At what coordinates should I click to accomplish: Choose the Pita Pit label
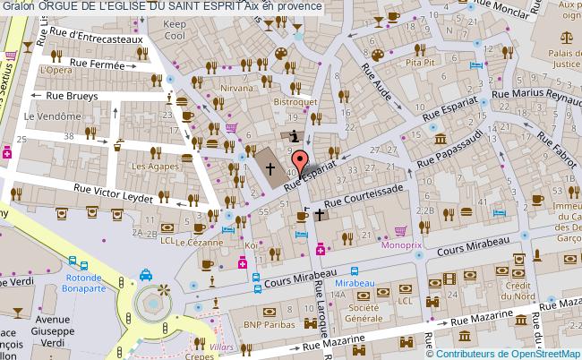[420, 63]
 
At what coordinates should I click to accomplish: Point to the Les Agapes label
[150, 167]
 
